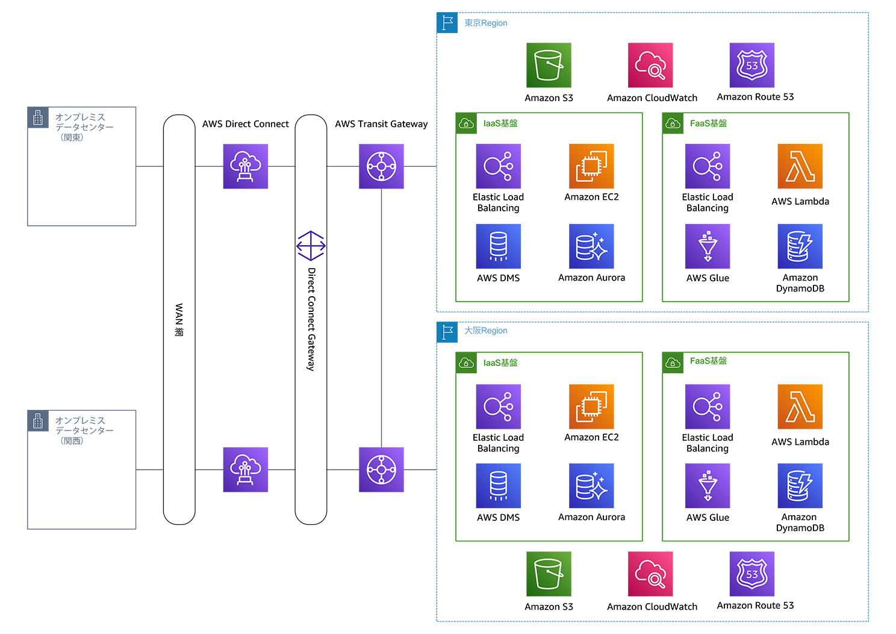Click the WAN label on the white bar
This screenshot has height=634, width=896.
(179, 320)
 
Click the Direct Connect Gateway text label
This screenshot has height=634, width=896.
(311, 319)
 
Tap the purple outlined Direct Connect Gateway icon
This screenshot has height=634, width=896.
(311, 246)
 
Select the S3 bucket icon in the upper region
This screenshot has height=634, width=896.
(549, 64)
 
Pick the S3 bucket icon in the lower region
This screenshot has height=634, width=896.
(549, 573)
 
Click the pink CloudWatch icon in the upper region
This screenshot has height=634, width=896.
(650, 64)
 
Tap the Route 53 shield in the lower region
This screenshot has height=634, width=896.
(752, 573)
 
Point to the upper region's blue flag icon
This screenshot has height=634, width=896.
(447, 23)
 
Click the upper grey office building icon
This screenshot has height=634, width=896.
(38, 117)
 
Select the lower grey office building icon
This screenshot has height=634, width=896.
(38, 421)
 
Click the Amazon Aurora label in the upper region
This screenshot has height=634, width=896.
(591, 278)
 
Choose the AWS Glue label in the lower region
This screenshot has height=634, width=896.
(708, 517)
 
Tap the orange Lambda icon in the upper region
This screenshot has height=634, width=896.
(800, 166)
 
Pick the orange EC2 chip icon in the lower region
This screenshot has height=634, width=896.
(591, 406)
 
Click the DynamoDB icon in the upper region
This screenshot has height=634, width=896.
(800, 246)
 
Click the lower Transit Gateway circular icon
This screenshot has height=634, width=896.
(381, 470)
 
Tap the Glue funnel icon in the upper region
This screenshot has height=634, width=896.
(708, 246)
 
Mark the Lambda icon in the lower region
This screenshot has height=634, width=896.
(800, 406)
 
